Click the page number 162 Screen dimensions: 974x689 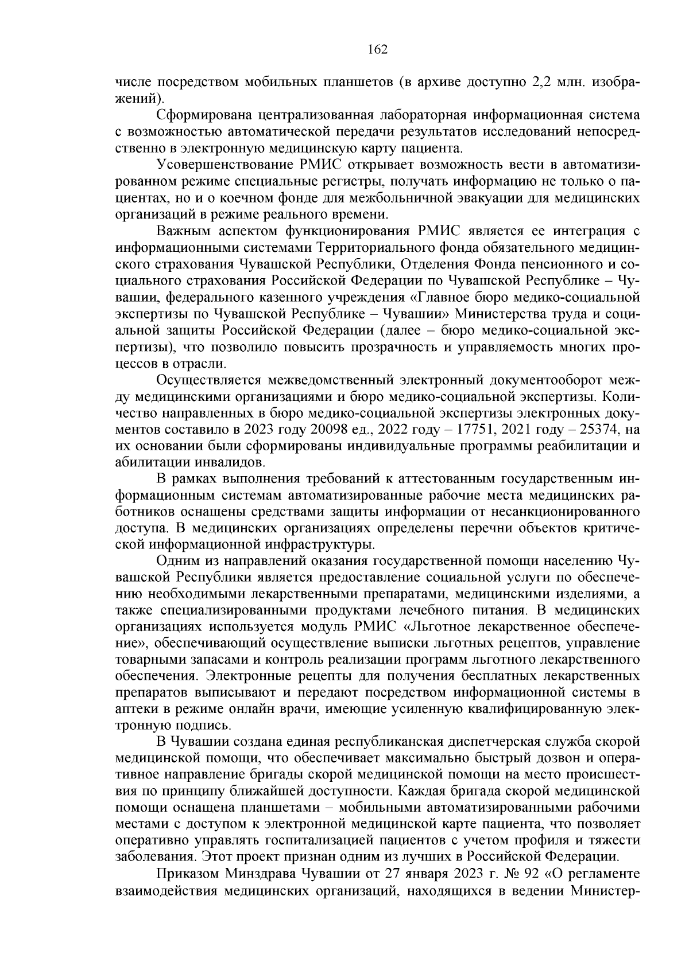click(377, 49)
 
